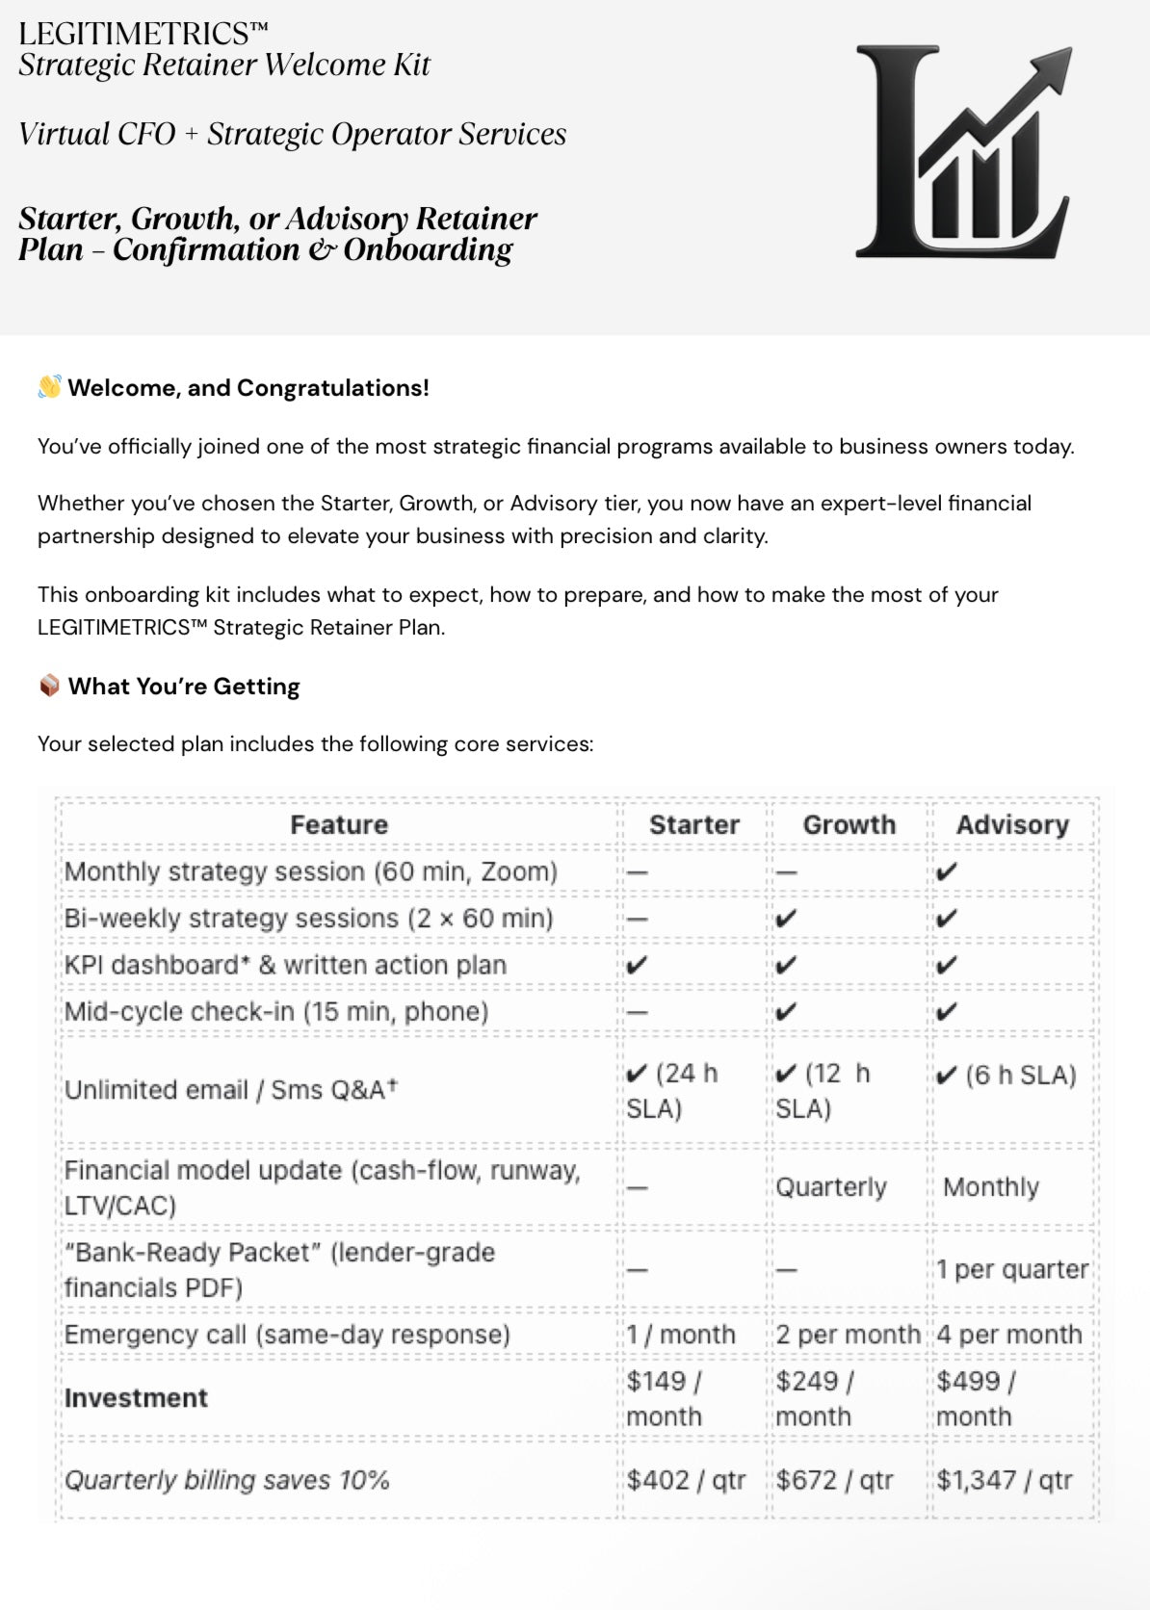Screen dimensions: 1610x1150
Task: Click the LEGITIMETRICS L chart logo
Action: [963, 152]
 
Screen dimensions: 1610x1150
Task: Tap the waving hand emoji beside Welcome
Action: [49, 387]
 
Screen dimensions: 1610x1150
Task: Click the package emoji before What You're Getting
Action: [49, 686]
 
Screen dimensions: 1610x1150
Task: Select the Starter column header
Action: [693, 824]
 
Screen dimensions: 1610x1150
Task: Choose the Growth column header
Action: [849, 824]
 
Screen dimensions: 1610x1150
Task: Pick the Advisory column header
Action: [1012, 824]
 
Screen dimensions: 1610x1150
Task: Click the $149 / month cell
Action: [665, 1398]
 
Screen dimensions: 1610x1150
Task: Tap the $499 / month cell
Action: [975, 1398]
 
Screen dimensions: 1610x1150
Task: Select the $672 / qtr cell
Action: [834, 1479]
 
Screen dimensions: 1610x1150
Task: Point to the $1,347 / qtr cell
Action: [1004, 1479]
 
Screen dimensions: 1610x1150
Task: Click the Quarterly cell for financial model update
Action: [831, 1186]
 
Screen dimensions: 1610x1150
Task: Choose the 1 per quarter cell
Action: [1012, 1269]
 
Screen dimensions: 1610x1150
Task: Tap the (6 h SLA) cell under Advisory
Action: [1006, 1075]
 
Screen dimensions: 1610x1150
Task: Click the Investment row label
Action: [136, 1398]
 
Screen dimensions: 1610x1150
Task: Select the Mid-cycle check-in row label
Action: [276, 1011]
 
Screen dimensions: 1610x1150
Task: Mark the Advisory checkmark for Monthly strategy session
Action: [947, 872]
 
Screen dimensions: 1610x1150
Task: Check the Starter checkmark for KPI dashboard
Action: [637, 965]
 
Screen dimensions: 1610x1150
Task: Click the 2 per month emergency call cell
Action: [848, 1335]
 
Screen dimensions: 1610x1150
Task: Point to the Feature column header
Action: [339, 824]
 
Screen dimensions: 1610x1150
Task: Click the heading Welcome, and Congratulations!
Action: [248, 388]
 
